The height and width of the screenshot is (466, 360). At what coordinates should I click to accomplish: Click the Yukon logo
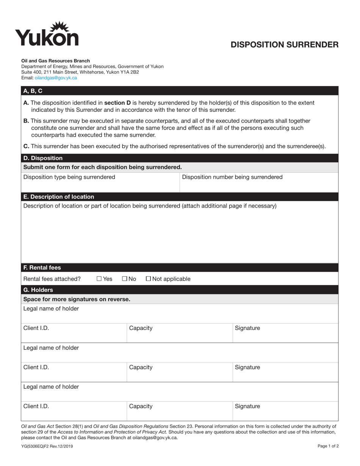coord(47,34)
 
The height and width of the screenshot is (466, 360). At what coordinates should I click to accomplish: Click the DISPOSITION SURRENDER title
coord(285,45)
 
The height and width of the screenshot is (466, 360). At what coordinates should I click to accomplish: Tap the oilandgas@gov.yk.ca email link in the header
coord(56,78)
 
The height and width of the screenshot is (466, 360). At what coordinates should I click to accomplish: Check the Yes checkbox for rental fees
coord(99,279)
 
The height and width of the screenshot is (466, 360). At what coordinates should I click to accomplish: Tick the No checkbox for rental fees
coord(125,279)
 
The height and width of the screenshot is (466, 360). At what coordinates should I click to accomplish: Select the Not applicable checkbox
coord(148,279)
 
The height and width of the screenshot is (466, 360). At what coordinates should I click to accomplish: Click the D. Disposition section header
coord(43,158)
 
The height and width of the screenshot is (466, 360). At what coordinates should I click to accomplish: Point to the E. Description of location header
coord(59,197)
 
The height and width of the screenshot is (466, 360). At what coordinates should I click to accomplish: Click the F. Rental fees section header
coord(42,267)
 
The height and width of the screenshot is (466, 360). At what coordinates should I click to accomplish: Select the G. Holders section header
coord(38,290)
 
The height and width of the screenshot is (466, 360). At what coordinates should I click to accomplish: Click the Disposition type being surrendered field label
coord(69,177)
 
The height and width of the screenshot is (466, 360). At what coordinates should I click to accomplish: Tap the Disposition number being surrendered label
coord(232,177)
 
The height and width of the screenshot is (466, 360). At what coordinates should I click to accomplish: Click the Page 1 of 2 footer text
coord(328,446)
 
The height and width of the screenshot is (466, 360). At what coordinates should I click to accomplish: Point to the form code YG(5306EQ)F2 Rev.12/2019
coord(47,446)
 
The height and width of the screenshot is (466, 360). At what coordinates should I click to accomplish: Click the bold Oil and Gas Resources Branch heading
coord(55,61)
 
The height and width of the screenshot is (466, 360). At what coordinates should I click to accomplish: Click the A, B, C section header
coord(33,91)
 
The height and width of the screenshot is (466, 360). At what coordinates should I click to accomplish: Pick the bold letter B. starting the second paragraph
coord(26,121)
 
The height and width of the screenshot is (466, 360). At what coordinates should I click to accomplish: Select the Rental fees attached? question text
coord(52,279)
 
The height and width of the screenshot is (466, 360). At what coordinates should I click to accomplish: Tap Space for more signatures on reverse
coord(77,299)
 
